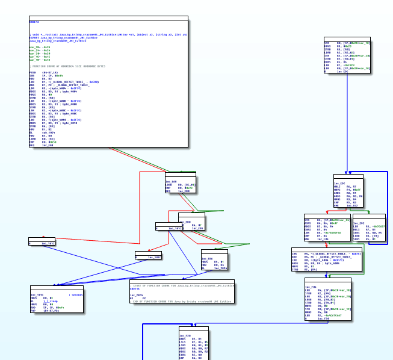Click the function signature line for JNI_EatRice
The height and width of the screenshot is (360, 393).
[x=108, y=35]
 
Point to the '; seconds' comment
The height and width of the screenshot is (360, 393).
[x=75, y=295]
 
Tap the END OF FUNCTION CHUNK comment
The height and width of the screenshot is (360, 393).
[x=181, y=301]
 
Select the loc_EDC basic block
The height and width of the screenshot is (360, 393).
[x=348, y=193]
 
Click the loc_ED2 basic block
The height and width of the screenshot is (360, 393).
[x=369, y=229]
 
